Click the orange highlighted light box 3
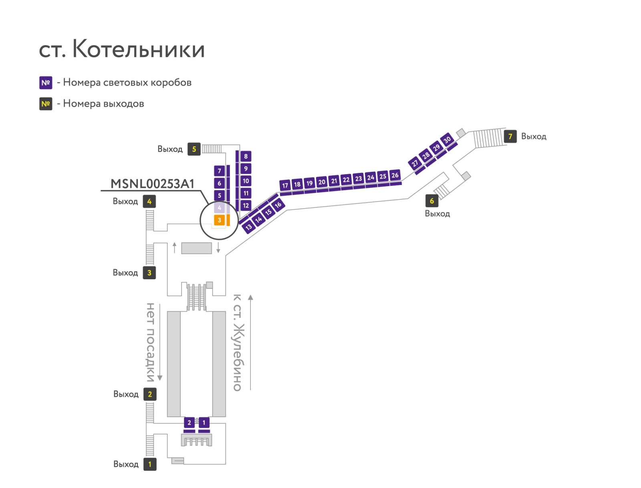pos(219,220)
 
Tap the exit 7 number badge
pos(510,136)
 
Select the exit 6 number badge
pos(431,201)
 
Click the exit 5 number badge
pos(194,149)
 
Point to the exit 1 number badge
pos(150,464)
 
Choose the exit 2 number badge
pos(150,394)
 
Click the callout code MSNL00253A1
pos(152,184)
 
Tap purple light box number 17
pos(285,185)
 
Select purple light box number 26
pos(395,175)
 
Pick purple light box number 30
pos(447,140)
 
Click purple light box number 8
pos(246,157)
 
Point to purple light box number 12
pos(246,205)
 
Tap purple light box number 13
pos(248,227)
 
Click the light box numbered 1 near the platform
pos(204,423)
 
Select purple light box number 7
pos(219,171)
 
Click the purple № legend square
pos(46,83)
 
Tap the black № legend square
pos(46,104)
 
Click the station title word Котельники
pos(139,49)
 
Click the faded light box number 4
pos(219,208)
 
